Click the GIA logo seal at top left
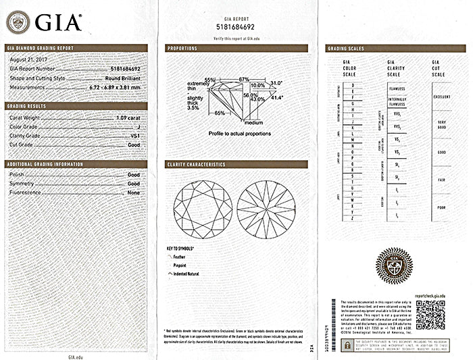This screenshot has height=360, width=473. click(18, 22)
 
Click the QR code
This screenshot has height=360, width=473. click(430, 315)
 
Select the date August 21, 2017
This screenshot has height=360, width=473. click(25, 61)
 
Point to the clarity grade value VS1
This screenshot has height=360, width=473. click(134, 136)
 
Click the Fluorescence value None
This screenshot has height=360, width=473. click(134, 192)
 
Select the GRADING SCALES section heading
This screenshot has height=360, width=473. click(345, 49)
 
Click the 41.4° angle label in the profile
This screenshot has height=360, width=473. click(277, 97)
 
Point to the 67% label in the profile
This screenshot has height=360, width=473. click(244, 80)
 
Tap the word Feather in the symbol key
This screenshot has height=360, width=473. click(179, 257)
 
